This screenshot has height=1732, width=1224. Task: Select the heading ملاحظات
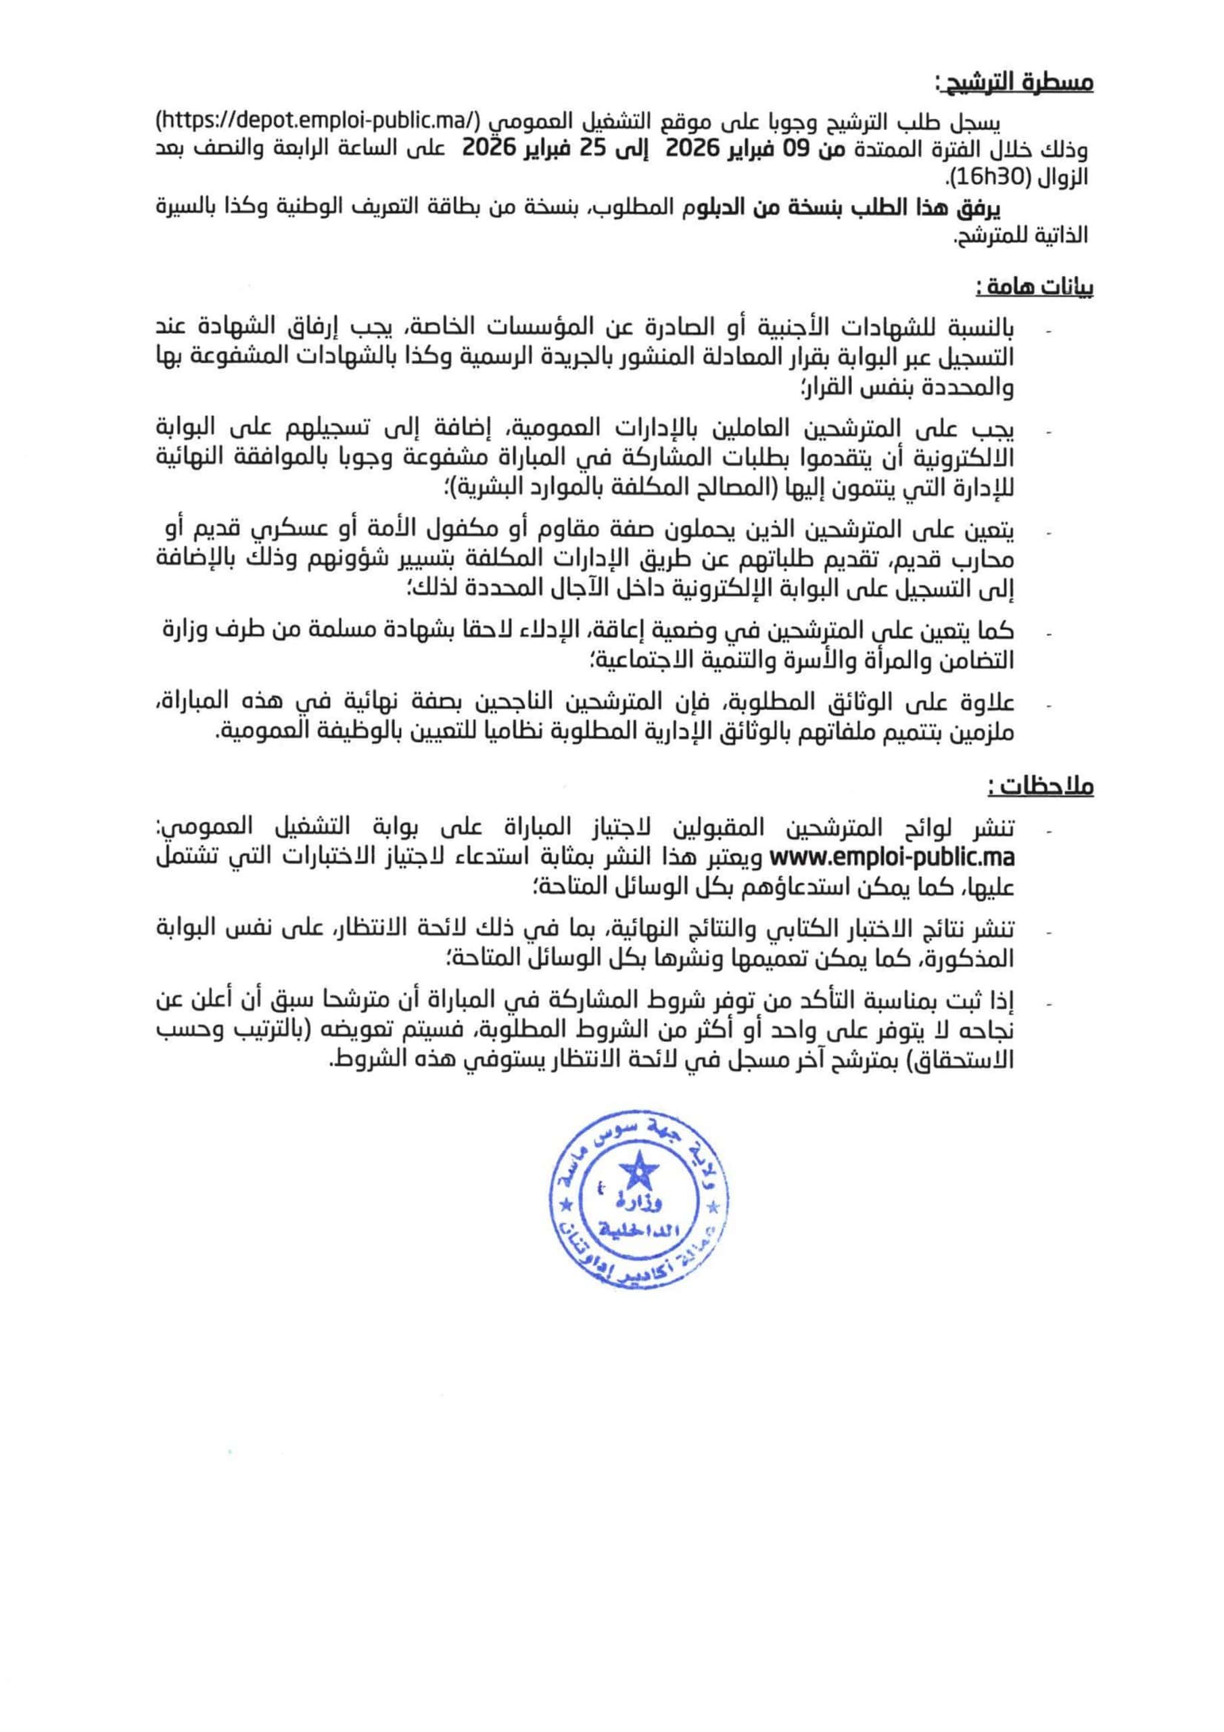click(x=1041, y=786)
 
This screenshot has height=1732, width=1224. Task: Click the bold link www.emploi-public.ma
click(x=891, y=859)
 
